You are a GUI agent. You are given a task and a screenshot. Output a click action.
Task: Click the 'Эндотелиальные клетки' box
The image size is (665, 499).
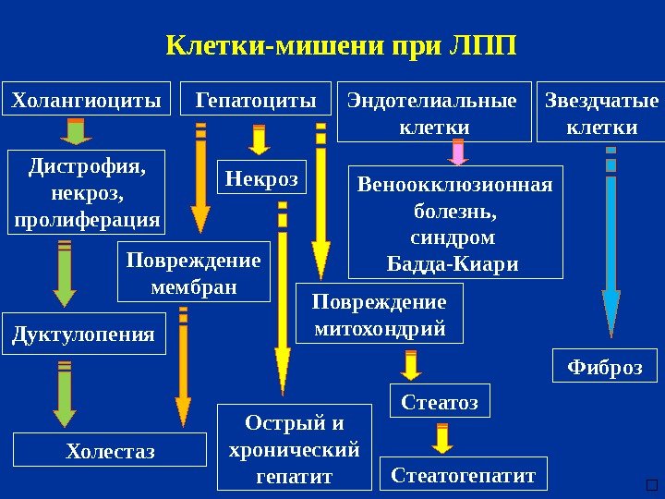(x=432, y=113)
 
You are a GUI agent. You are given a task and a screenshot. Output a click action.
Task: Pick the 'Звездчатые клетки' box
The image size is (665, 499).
(x=601, y=113)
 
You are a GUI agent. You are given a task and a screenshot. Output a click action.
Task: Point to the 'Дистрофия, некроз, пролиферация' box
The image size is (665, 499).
(x=87, y=193)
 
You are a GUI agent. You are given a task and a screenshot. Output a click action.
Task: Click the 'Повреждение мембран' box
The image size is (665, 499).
(x=193, y=273)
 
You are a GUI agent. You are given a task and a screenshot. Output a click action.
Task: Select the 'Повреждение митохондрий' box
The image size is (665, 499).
(x=379, y=314)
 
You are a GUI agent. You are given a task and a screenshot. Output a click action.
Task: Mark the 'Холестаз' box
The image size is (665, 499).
(x=110, y=451)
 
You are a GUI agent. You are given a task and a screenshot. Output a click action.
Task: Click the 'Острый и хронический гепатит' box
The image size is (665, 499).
(x=294, y=448)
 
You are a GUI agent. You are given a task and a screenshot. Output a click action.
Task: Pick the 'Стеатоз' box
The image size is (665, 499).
(x=440, y=401)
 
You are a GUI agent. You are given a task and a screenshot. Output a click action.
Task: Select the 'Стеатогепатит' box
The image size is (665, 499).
(x=464, y=474)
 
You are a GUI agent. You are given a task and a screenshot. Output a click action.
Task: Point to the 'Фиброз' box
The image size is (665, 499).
(x=604, y=366)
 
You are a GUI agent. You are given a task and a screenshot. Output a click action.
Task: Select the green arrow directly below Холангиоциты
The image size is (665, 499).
(x=78, y=133)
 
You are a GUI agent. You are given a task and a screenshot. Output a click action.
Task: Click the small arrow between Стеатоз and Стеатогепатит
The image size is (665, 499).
(x=442, y=438)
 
